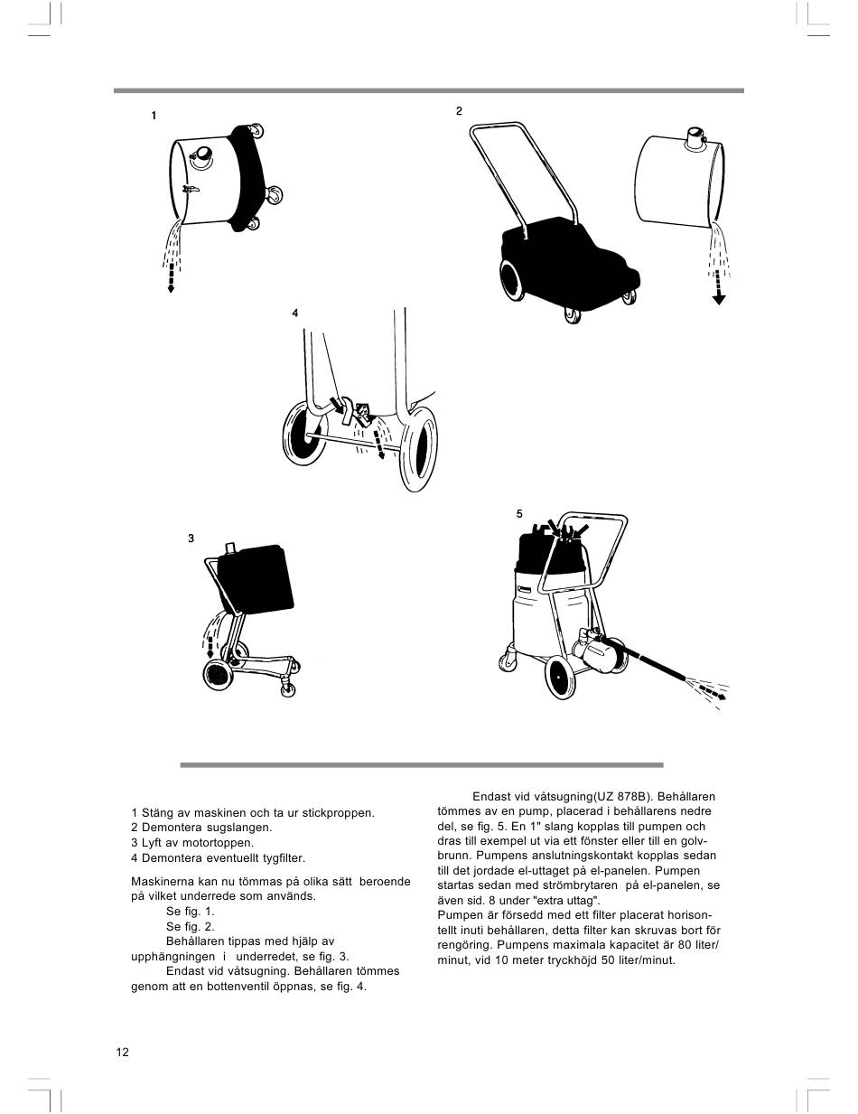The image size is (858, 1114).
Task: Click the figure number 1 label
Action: pyautogui.click(x=154, y=116)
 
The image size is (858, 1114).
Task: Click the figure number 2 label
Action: pyautogui.click(x=459, y=111)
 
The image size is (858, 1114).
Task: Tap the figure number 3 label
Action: pyautogui.click(x=191, y=538)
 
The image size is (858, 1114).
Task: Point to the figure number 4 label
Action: pyautogui.click(x=294, y=313)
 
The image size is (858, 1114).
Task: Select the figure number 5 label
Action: pyautogui.click(x=519, y=513)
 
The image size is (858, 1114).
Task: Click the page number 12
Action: pyautogui.click(x=123, y=1052)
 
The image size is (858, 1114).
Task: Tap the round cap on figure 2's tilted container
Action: pyautogui.click(x=696, y=138)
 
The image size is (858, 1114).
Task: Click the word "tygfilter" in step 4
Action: pyautogui.click(x=281, y=858)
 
